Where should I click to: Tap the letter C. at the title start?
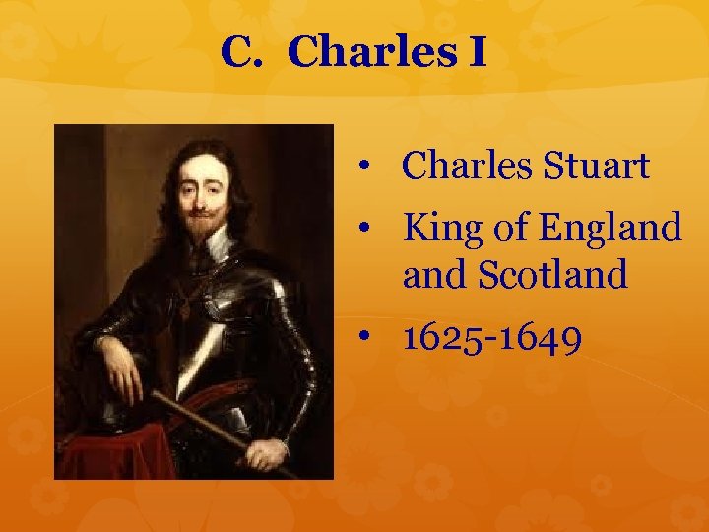click(242, 52)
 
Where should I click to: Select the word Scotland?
click(552, 276)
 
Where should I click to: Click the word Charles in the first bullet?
click(467, 167)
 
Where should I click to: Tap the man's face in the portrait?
click(201, 193)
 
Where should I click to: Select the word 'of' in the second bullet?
click(510, 229)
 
